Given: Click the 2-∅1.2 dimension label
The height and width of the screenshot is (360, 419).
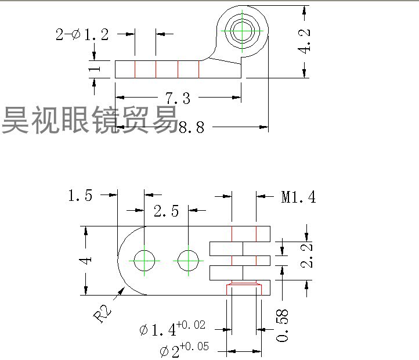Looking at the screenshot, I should pos(82,35).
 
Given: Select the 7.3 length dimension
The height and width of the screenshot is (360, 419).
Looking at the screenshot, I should pos(178,98).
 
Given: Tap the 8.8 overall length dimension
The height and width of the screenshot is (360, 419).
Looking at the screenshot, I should pos(192,127).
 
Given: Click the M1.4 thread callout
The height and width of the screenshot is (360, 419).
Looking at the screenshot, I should pos(298,197).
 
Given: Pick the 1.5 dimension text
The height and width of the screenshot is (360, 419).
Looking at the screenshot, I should pos(80,196).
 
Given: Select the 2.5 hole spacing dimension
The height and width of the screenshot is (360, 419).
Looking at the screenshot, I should pos(167,211).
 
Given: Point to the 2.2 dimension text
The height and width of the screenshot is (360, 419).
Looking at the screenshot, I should pos(308,255).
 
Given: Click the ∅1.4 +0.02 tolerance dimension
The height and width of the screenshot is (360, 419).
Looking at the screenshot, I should pos(172,329).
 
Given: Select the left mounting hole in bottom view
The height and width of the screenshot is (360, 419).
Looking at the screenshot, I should pos(145,260).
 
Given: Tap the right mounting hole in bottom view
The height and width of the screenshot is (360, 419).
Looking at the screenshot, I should pos(188,260).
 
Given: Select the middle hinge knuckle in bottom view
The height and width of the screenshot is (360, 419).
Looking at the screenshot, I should pos(240,260).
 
